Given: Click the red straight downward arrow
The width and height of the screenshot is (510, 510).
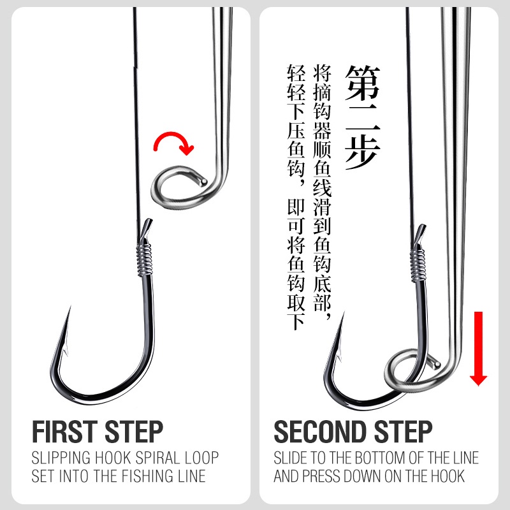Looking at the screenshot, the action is (478, 348).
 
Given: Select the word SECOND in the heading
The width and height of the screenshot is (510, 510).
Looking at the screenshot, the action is (321, 432).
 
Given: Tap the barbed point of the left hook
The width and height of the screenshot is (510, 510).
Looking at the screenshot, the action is (69, 307).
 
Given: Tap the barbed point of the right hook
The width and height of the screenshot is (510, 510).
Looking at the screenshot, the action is (344, 312).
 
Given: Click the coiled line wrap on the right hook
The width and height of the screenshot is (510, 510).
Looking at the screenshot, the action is (418, 264).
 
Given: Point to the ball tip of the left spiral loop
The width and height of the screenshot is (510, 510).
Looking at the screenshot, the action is (204, 182).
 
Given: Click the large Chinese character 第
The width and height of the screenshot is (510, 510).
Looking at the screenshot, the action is (362, 83).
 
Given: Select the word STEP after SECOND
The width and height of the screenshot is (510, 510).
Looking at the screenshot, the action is (403, 432).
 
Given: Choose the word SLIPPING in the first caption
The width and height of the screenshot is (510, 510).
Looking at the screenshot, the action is (61, 458).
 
